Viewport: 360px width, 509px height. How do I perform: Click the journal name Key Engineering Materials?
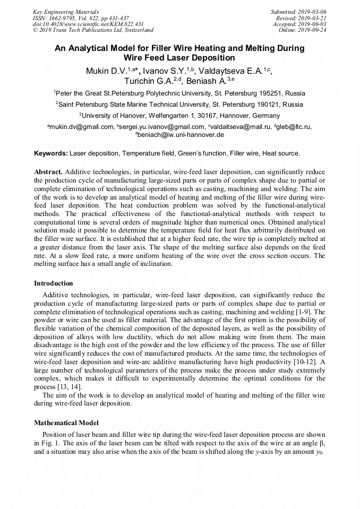65,11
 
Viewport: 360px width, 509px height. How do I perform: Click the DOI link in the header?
88,24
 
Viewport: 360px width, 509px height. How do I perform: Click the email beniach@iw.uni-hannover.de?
181,135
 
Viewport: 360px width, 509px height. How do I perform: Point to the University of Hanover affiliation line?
179,115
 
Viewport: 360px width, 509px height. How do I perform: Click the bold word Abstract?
48,172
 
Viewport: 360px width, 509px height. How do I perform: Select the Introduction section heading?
54,283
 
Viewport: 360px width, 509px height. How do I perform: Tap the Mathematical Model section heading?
66,423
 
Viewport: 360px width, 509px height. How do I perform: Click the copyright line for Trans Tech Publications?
93,30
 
